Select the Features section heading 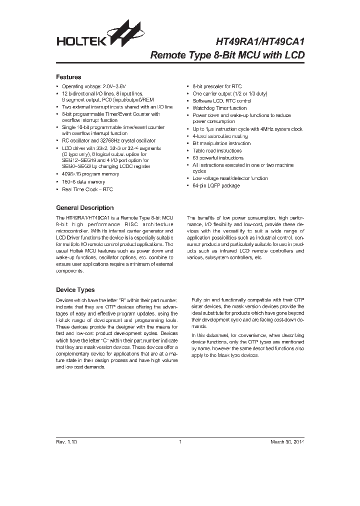tap(68, 77)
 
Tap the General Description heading tap(84, 207)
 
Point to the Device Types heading tap(75, 289)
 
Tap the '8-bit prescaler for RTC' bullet tap(217, 86)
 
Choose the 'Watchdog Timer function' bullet tap(219, 108)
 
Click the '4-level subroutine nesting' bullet tap(220, 136)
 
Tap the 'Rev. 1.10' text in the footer tap(66, 442)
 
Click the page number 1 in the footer tap(179, 442)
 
